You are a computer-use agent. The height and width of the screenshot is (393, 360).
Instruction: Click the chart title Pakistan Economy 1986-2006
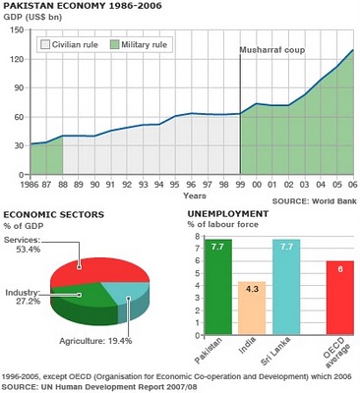[74, 7]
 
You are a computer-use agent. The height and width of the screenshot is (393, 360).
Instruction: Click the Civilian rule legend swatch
[45, 44]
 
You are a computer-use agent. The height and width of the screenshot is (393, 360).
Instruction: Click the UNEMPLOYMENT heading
[227, 213]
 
